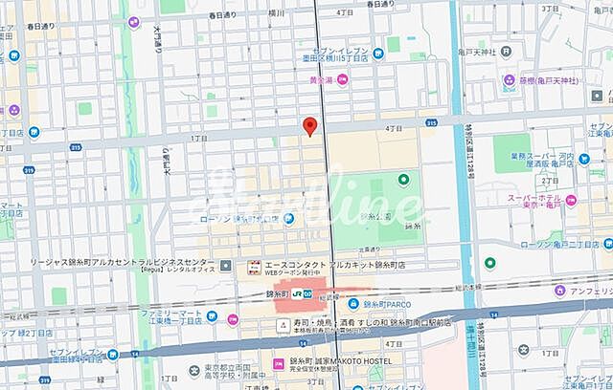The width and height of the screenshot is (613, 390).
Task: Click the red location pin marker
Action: [309, 126]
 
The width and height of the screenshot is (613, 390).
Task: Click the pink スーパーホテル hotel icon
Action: [571, 200]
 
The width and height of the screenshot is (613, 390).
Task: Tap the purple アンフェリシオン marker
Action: [557, 291]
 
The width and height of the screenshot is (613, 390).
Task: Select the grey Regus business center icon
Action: [226, 265]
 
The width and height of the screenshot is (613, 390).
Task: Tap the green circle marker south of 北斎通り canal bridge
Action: [490, 262]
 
